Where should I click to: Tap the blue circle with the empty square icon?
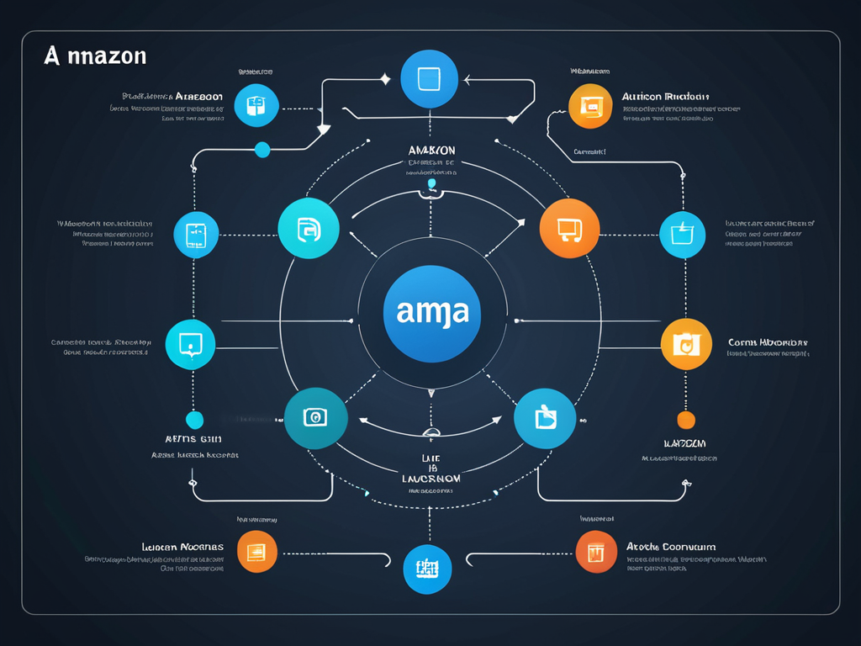point(429,78)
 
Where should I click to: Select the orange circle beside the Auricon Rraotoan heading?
point(590,106)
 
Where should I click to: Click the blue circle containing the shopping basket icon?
point(682,235)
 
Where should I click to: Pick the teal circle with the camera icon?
point(315,417)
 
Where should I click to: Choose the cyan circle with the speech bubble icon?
point(191,344)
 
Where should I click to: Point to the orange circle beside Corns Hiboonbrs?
point(686,344)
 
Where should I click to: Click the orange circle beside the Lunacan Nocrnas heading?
point(257,552)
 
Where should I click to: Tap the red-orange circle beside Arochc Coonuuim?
point(597,552)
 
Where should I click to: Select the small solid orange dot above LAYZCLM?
point(686,420)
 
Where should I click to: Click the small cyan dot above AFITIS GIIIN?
point(194,419)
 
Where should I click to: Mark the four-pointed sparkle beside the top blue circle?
point(385,79)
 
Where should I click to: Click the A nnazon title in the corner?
point(95,56)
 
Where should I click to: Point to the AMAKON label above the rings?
point(430,150)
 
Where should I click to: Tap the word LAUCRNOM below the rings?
point(430,478)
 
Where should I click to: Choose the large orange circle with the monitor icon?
point(568,228)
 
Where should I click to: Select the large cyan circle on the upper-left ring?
point(309,228)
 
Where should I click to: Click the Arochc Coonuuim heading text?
point(671,547)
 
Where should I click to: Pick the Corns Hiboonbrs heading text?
point(767,343)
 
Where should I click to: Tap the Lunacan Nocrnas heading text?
point(182,547)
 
